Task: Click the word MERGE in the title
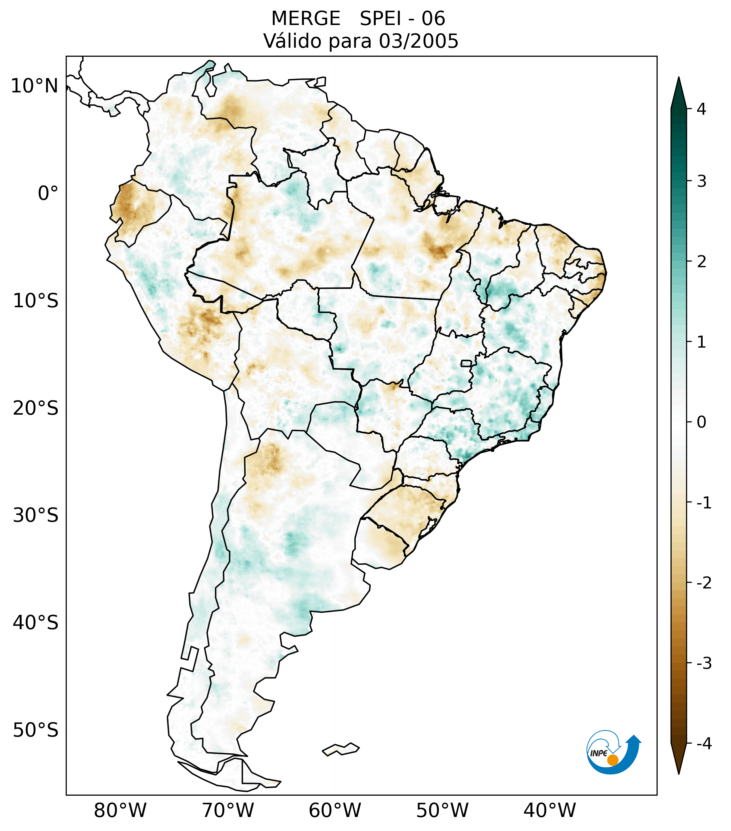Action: (305, 19)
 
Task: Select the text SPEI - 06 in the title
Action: (402, 19)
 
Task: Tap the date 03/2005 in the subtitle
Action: (418, 41)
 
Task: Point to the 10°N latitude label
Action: (35, 86)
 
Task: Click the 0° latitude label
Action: (48, 193)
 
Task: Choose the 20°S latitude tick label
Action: (36, 408)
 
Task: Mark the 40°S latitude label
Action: (36, 623)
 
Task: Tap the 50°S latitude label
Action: (36, 730)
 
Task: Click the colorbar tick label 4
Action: (701, 109)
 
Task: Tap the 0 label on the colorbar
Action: (701, 422)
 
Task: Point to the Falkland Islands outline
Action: (341, 749)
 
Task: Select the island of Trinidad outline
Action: (320, 82)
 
